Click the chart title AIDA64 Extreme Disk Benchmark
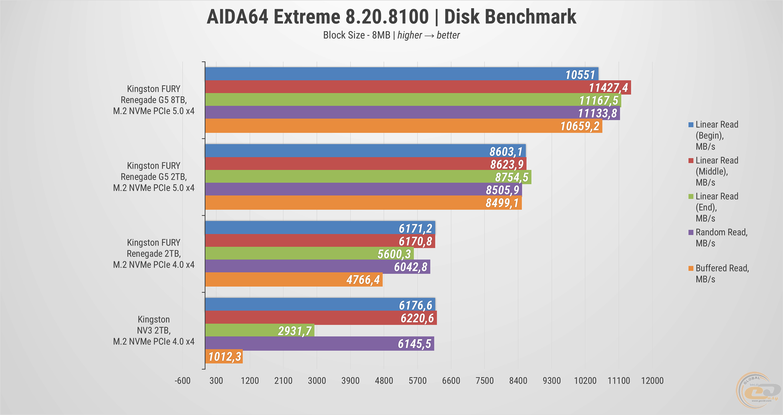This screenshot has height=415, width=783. pyautogui.click(x=391, y=17)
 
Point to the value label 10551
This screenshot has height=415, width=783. pyautogui.click(x=580, y=75)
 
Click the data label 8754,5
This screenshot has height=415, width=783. pyautogui.click(x=512, y=177)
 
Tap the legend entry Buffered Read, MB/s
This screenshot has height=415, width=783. pyautogui.click(x=722, y=274)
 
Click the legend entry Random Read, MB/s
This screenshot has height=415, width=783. pyautogui.click(x=721, y=238)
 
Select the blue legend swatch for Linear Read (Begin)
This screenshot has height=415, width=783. pyautogui.click(x=691, y=125)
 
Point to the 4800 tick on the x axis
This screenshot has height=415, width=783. pyautogui.click(x=384, y=381)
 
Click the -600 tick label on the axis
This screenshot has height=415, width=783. pyautogui.click(x=183, y=381)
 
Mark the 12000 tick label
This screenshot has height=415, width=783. pyautogui.click(x=652, y=381)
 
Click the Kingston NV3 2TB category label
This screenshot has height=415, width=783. pyautogui.click(x=153, y=331)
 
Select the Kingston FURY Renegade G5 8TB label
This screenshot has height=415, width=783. pyautogui.click(x=153, y=100)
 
